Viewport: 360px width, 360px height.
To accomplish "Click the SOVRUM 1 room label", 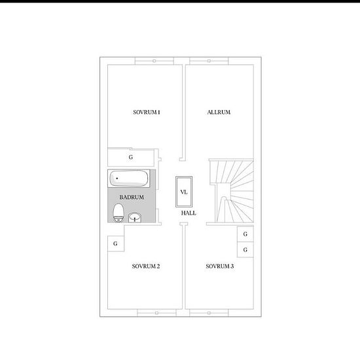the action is click(x=147, y=113).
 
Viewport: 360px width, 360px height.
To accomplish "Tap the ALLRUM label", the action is click(x=219, y=113).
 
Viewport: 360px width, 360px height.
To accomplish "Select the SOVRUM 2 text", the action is click(x=146, y=266).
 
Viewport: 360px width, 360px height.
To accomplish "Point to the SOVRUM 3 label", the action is click(x=220, y=266).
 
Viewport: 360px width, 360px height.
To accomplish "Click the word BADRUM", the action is click(x=132, y=197).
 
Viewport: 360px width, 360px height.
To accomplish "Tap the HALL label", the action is click(x=189, y=213).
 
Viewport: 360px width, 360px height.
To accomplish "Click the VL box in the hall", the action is click(x=184, y=192).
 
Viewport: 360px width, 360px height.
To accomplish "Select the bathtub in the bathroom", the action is click(x=129, y=179).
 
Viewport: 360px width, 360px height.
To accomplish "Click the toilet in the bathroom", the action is click(x=118, y=213).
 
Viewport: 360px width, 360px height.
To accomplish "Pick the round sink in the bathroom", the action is click(x=135, y=218).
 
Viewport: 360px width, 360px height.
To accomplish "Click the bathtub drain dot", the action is click(x=117, y=178).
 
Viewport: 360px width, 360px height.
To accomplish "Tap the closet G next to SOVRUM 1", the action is click(x=131, y=158).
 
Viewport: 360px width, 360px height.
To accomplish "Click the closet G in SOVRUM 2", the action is click(x=116, y=243).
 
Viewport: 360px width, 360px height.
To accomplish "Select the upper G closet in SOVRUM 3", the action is click(x=245, y=234).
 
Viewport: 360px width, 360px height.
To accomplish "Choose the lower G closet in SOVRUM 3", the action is click(x=245, y=249).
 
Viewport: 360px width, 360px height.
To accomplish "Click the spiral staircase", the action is click(x=232, y=190).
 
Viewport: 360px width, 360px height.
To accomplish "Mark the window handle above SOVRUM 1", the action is click(x=154, y=61).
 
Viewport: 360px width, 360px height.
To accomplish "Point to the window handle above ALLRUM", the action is click(x=209, y=61).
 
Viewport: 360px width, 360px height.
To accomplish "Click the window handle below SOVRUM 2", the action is click(x=156, y=313).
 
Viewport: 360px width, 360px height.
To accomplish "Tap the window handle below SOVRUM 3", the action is click(x=209, y=313).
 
